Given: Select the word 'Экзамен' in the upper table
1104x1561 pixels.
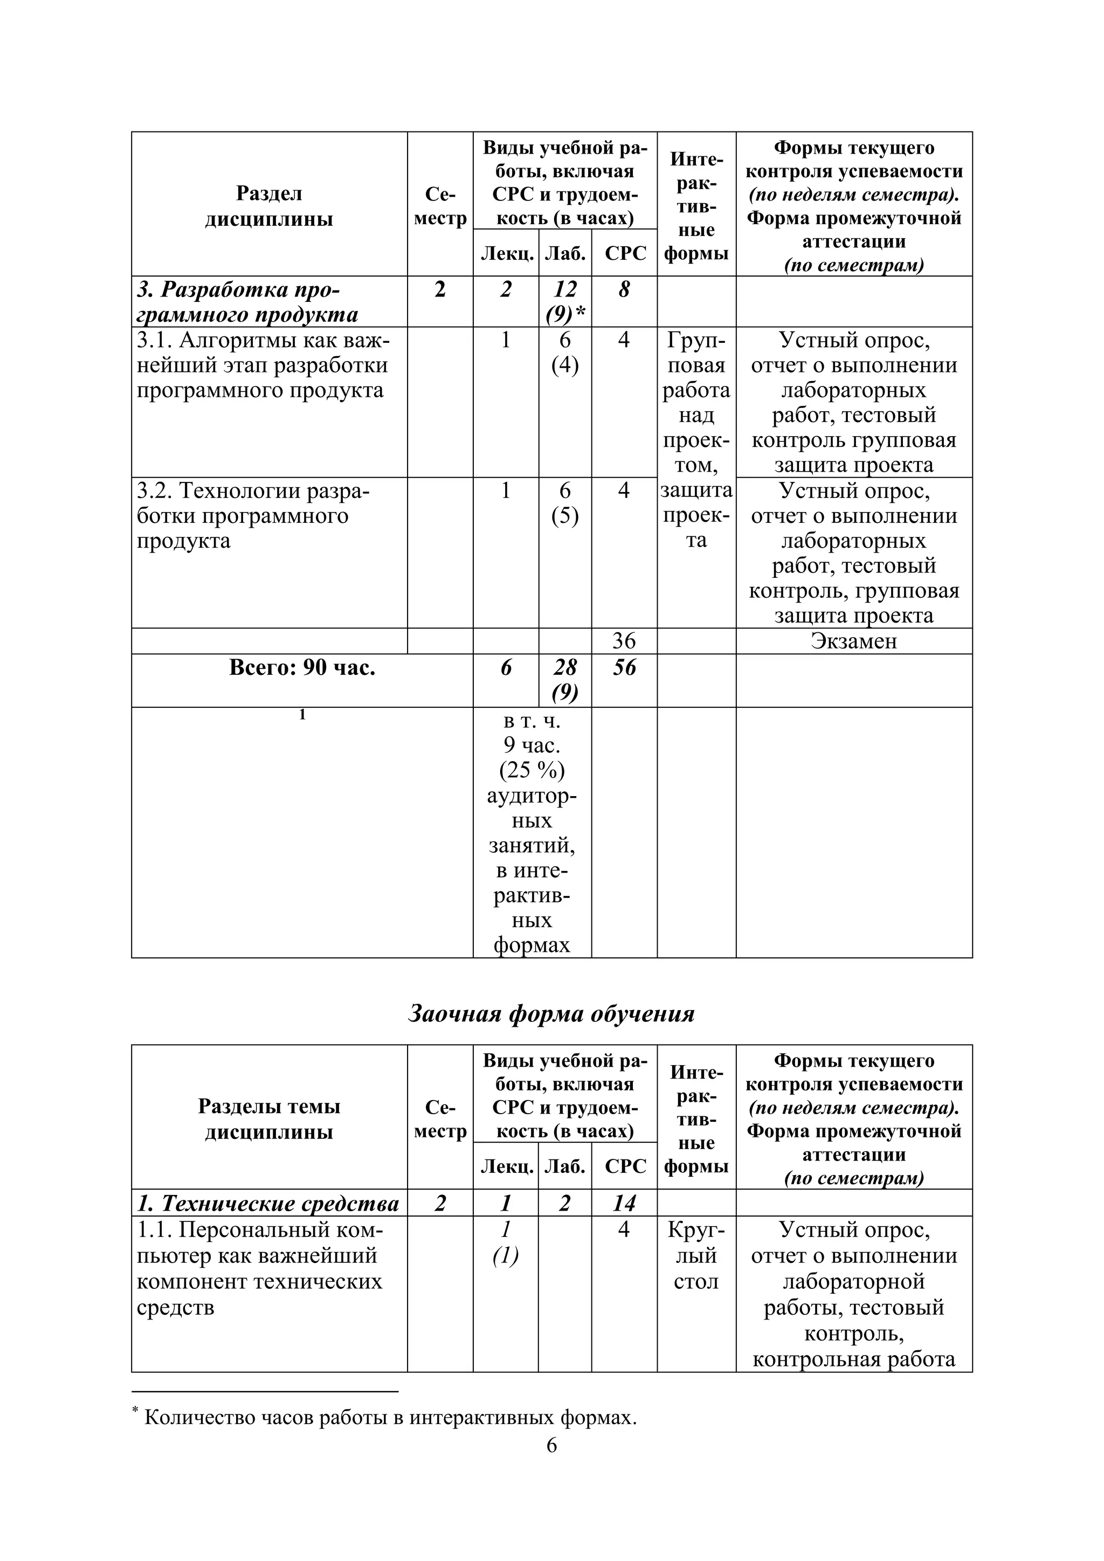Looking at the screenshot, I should [854, 641].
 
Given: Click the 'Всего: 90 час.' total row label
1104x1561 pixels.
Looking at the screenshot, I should [302, 668].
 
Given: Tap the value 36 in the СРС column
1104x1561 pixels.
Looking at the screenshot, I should [624, 641].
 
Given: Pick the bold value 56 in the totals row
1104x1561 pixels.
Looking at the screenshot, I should [624, 668].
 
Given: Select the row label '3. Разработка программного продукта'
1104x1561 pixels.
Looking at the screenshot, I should [248, 302].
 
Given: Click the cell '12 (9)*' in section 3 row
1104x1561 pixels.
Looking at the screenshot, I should [565, 302].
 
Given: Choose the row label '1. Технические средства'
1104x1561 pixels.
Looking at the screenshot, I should [268, 1204].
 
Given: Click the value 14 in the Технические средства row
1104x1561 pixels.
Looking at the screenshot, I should [624, 1204].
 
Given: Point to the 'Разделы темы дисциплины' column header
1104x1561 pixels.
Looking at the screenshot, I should [269, 1119].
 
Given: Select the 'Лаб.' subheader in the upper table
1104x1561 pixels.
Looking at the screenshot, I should [565, 253].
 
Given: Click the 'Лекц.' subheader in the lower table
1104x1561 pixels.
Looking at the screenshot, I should [507, 1166].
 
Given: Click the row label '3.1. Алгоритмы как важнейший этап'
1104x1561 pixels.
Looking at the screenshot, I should [263, 365].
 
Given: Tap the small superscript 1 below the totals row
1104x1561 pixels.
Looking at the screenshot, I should [302, 715].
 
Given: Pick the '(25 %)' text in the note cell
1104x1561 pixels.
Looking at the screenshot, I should [532, 770].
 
